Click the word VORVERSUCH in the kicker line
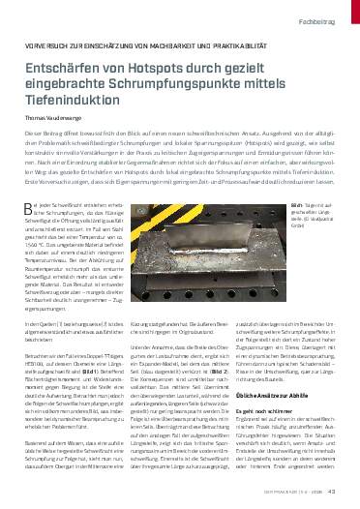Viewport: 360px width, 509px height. tap(45, 45)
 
